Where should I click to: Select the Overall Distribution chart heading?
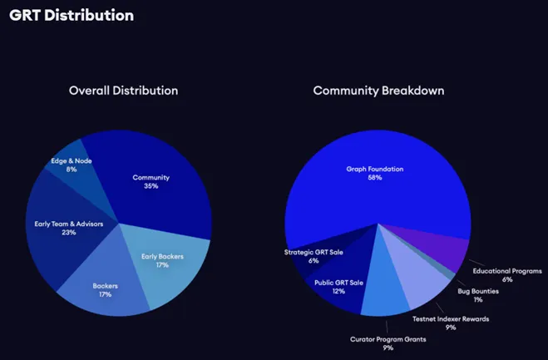click(123, 90)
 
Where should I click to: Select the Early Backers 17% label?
click(162, 260)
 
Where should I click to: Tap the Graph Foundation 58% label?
click(375, 173)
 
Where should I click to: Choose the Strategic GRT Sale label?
click(313, 255)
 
